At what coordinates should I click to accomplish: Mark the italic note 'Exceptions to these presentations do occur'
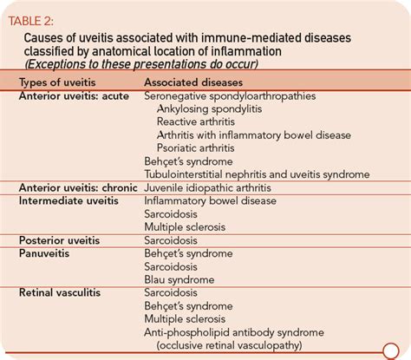tap(141, 64)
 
